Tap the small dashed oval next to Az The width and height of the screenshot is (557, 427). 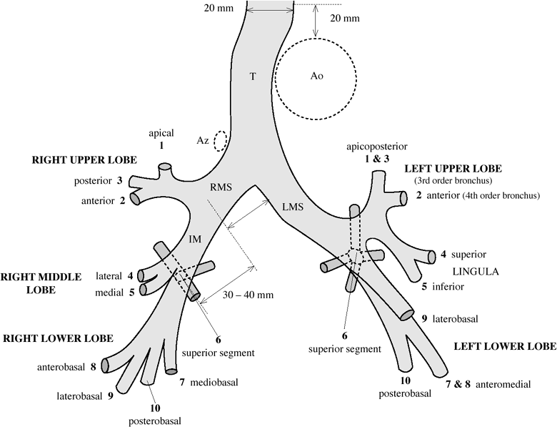coord(221,140)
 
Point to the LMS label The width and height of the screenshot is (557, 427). coord(292,207)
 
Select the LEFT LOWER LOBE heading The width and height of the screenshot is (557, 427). coord(505,346)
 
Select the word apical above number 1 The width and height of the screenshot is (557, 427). coord(161,133)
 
